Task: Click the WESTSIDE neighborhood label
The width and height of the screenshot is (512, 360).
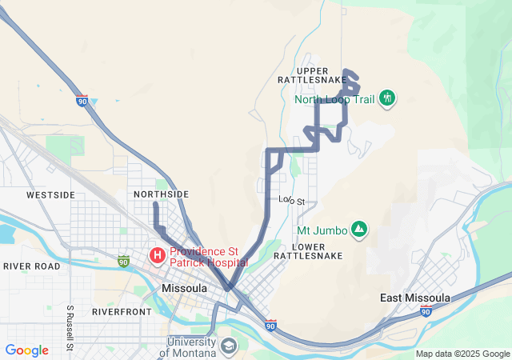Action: [50, 194]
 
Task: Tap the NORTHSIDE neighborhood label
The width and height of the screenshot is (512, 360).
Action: [162, 194]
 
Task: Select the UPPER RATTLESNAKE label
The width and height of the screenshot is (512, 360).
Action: [310, 74]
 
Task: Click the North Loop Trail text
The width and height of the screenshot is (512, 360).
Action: [334, 99]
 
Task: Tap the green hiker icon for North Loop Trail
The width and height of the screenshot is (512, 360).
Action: [387, 98]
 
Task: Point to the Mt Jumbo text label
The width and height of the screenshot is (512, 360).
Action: [322, 230]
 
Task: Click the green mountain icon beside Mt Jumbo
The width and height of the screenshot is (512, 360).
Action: [359, 230]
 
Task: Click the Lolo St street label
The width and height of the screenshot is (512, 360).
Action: [292, 200]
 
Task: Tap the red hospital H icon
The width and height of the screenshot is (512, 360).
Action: [158, 256]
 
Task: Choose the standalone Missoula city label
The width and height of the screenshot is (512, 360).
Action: [185, 288]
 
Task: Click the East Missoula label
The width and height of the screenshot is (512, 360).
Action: [415, 298]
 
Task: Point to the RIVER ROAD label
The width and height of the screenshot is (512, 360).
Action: [31, 266]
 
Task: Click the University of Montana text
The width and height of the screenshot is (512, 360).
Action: [192, 347]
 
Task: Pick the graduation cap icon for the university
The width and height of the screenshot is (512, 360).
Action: [229, 346]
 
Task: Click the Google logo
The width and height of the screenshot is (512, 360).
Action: [27, 350]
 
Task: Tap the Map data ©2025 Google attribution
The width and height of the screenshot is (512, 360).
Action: [462, 354]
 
